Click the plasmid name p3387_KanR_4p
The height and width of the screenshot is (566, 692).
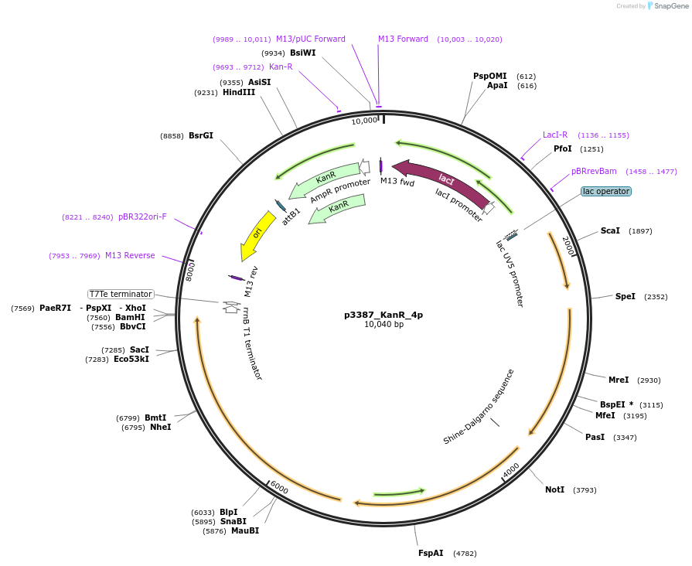[383, 315]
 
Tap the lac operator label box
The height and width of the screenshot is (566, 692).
[606, 191]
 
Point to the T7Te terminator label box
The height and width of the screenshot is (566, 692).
[121, 294]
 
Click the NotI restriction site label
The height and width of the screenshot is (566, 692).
[554, 489]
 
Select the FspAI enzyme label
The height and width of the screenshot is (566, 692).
[431, 553]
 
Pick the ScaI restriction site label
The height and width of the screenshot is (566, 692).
[610, 231]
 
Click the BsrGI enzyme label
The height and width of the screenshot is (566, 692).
[201, 135]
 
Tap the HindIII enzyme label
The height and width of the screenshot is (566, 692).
[238, 93]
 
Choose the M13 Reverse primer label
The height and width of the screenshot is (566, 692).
[130, 256]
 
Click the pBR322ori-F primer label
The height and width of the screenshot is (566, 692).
[142, 217]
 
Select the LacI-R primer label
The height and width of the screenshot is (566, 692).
[555, 135]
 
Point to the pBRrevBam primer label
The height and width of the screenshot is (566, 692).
[594, 171]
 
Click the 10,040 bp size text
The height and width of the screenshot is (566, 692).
[383, 325]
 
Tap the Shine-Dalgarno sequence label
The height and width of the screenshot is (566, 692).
[479, 407]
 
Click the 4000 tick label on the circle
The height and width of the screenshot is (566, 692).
[511, 470]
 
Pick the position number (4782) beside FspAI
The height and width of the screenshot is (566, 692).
[465, 554]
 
